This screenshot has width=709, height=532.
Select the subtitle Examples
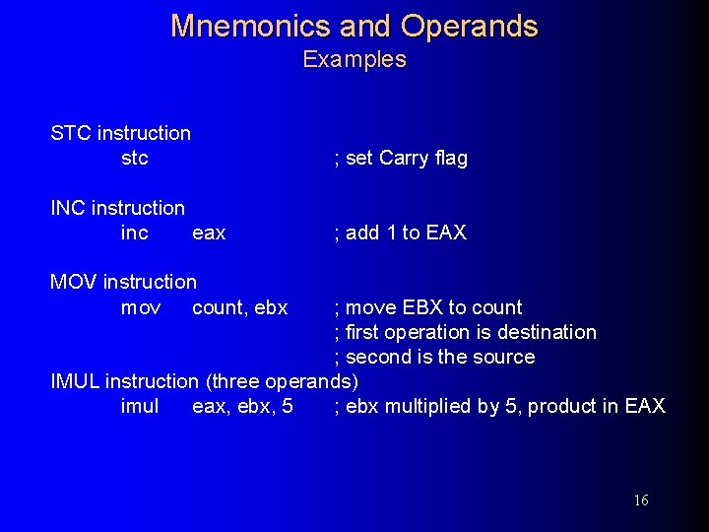click(x=354, y=59)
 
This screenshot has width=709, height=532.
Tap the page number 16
click(x=640, y=500)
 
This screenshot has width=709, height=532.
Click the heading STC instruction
click(x=121, y=133)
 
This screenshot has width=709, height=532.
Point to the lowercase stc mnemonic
click(x=135, y=158)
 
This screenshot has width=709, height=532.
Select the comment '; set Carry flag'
click(x=401, y=158)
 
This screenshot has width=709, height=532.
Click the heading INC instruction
click(x=117, y=208)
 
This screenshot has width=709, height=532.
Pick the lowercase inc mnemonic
click(x=135, y=233)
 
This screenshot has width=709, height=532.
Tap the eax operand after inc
click(x=209, y=233)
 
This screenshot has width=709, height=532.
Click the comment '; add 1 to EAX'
click(x=400, y=233)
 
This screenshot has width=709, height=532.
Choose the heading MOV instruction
click(x=124, y=282)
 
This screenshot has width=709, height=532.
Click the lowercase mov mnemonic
click(x=141, y=307)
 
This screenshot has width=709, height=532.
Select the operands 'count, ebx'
click(x=240, y=307)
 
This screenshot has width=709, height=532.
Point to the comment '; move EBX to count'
click(x=428, y=307)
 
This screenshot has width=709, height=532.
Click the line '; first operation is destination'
click(x=465, y=332)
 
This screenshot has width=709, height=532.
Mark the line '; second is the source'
click(x=434, y=357)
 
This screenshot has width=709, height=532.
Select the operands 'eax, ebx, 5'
click(x=242, y=406)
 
